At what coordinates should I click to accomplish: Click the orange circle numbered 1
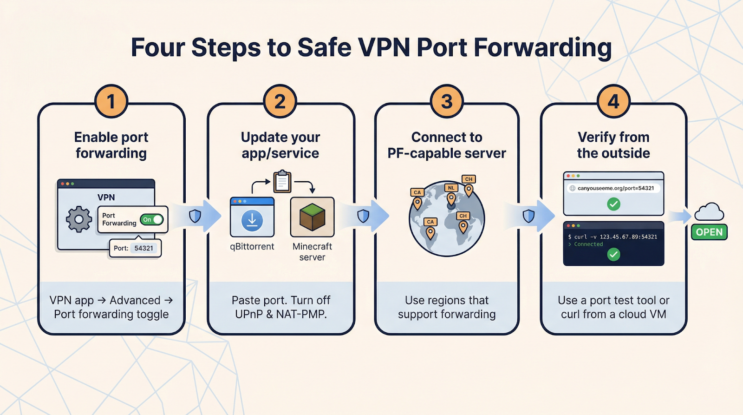pyautogui.click(x=111, y=101)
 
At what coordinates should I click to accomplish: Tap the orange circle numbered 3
pyautogui.click(x=447, y=101)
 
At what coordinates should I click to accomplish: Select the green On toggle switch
pyautogui.click(x=152, y=219)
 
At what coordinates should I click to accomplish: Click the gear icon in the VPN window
pyautogui.click(x=79, y=219)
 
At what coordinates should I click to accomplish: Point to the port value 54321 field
pyautogui.click(x=143, y=248)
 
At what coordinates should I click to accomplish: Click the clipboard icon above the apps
pyautogui.click(x=282, y=182)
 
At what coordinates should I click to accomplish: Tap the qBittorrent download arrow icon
pyautogui.click(x=252, y=220)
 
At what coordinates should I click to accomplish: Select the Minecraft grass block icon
pyautogui.click(x=312, y=217)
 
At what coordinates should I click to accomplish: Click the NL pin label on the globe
pyautogui.click(x=451, y=188)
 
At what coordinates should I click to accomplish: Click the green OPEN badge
pyautogui.click(x=709, y=232)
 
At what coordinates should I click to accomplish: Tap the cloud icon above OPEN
pyautogui.click(x=709, y=212)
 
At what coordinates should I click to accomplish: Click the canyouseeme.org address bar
pyautogui.click(x=614, y=188)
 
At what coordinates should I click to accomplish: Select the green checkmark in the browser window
pyautogui.click(x=613, y=204)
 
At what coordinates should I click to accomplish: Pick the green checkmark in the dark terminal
pyautogui.click(x=613, y=254)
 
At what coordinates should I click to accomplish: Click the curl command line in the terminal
pyautogui.click(x=613, y=237)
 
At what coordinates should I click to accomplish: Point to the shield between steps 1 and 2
pyautogui.click(x=195, y=216)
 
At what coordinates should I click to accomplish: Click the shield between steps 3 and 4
pyautogui.click(x=528, y=216)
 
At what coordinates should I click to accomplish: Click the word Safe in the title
pyautogui.click(x=324, y=47)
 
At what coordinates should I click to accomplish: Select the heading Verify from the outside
pyautogui.click(x=613, y=145)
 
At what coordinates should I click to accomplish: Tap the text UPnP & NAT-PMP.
pyautogui.click(x=281, y=314)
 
